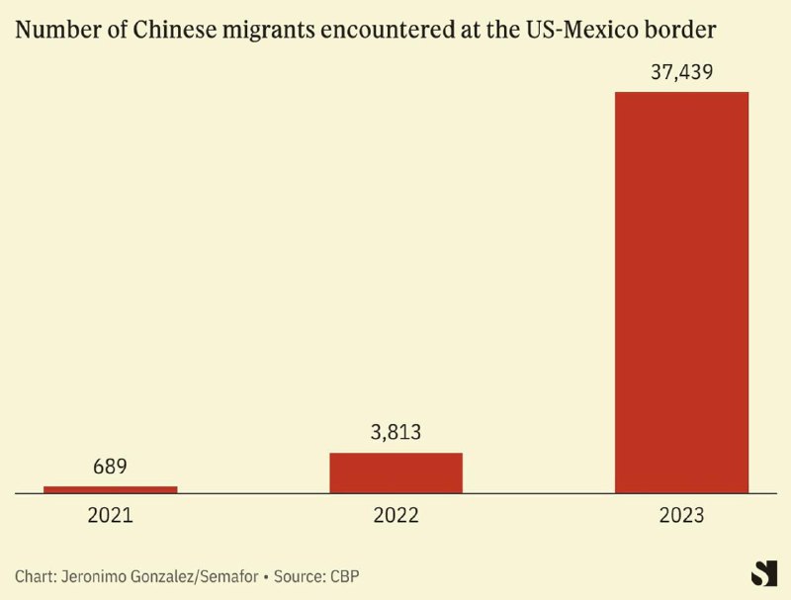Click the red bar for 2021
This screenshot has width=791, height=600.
[111, 488]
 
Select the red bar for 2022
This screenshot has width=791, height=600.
[395, 472]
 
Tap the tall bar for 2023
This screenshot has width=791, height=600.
[681, 292]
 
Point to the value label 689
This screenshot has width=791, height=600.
[111, 466]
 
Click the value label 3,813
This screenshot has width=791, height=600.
[395, 432]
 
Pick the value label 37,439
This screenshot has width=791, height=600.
[681, 71]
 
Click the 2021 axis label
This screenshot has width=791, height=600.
[111, 515]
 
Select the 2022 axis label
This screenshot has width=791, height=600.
[395, 515]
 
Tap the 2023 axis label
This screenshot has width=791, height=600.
[681, 515]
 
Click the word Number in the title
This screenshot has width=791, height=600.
[50, 31]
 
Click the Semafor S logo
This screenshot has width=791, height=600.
[763, 572]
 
